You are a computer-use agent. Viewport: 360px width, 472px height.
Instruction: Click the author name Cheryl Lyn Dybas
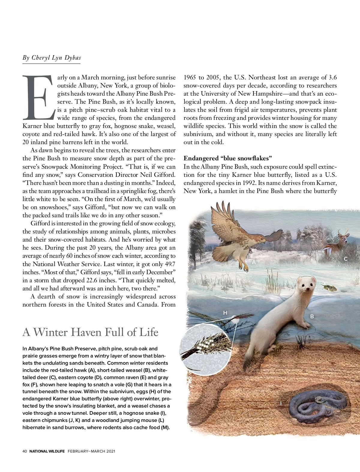click(51, 58)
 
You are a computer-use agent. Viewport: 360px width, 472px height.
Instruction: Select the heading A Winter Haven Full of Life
click(90, 332)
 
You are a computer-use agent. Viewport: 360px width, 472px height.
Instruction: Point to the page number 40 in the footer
click(25, 451)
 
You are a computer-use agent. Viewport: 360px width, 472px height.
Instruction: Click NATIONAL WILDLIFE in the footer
click(47, 451)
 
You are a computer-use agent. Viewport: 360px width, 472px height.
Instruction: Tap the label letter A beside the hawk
click(254, 262)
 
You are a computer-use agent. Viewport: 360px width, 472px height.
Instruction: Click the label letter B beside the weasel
click(312, 316)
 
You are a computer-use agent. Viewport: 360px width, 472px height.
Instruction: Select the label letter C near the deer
click(346, 259)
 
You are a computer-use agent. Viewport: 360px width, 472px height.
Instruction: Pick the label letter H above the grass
click(225, 313)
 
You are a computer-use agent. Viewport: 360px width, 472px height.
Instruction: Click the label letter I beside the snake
click(281, 403)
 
